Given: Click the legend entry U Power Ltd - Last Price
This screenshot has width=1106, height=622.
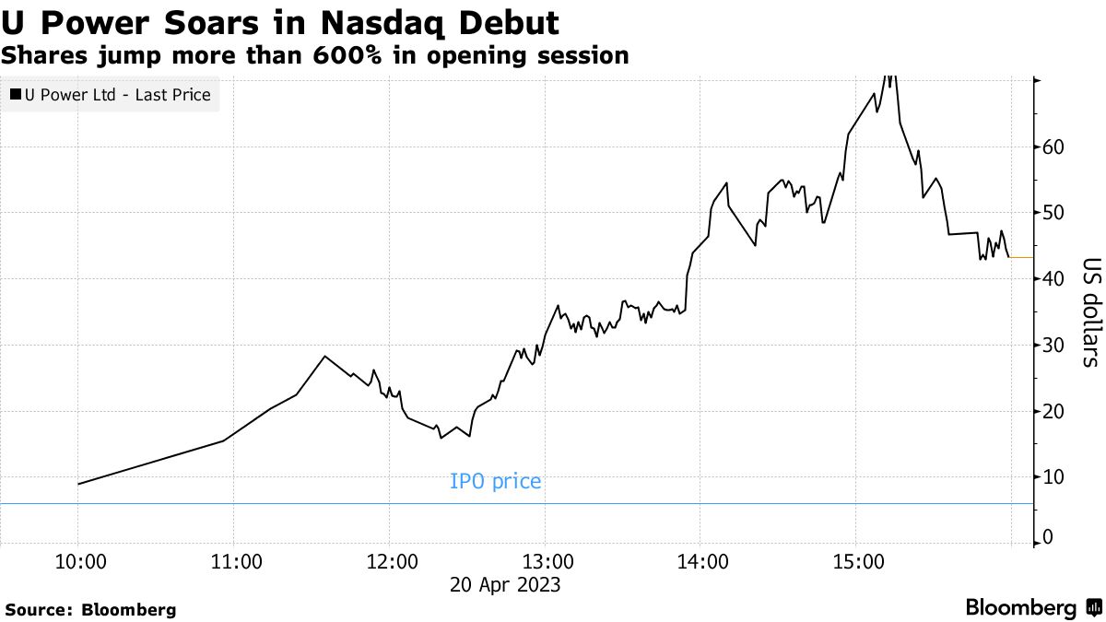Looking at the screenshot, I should point(111,94).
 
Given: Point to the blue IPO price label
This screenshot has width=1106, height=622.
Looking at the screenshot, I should point(495,481).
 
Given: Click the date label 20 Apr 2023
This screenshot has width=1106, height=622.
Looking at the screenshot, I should point(505,584).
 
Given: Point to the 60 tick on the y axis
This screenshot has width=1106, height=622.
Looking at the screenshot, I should point(1053,147).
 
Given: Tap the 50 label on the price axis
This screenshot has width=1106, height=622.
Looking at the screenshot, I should point(1053,213).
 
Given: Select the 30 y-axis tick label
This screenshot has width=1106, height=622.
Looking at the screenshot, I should point(1053,345).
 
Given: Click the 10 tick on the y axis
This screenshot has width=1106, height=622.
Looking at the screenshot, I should point(1053,476).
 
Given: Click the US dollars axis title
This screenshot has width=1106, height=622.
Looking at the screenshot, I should point(1089,311).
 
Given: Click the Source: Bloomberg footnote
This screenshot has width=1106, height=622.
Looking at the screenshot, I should point(90,609).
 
